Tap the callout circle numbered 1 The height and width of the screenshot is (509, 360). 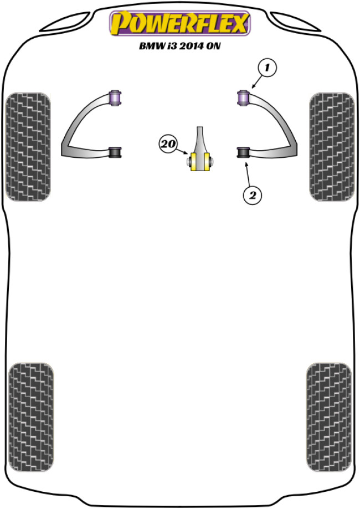pyautogui.click(x=266, y=68)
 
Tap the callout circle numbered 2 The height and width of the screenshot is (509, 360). pyautogui.click(x=252, y=194)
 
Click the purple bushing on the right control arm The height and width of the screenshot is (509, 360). pyautogui.click(x=243, y=98)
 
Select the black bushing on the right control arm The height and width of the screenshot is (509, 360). pyautogui.click(x=243, y=152)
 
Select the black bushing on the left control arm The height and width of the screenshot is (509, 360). pyautogui.click(x=115, y=152)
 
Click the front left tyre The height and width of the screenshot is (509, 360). pyautogui.click(x=28, y=147)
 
